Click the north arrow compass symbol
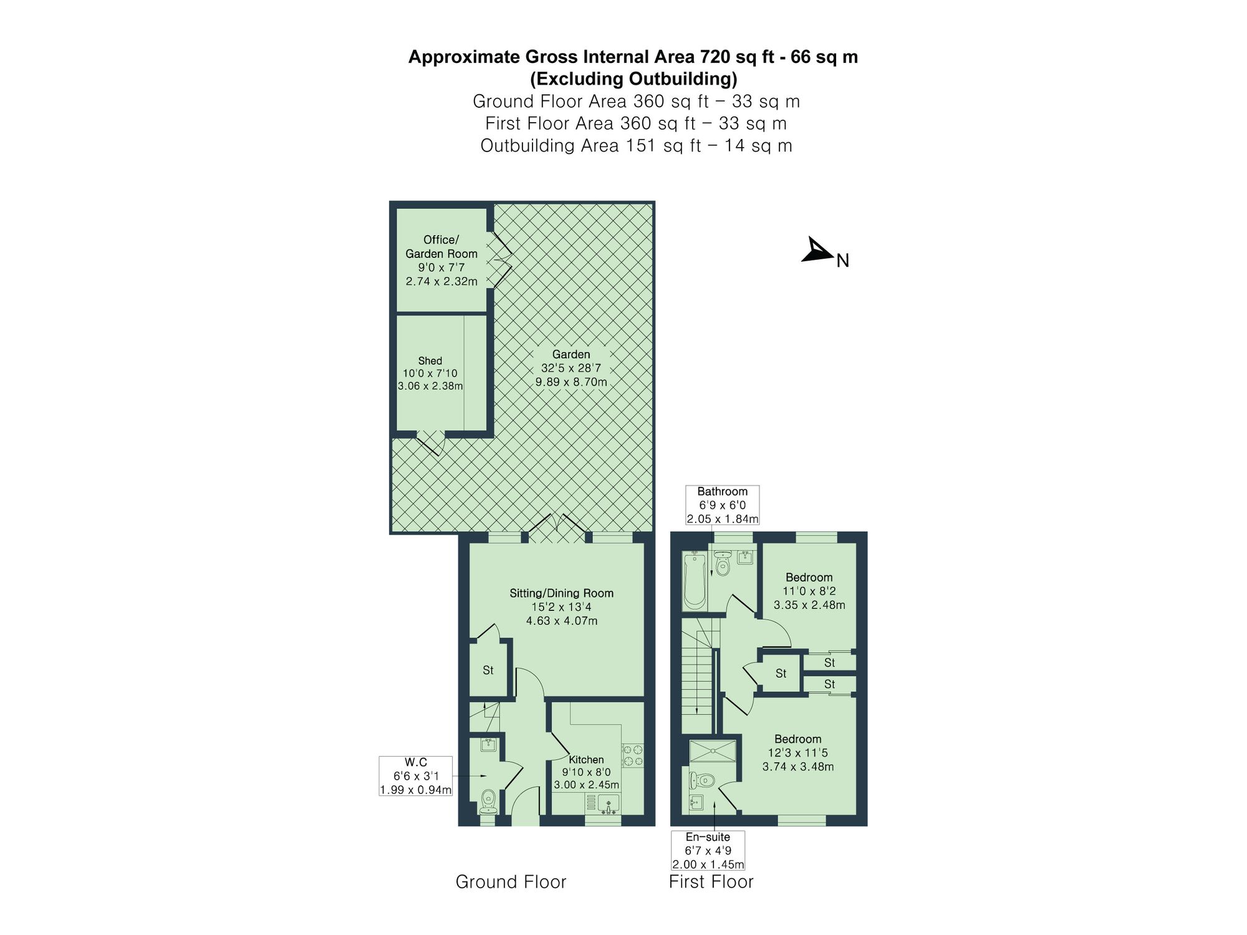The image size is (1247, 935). (x=816, y=251)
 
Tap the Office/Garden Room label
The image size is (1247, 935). (x=441, y=247)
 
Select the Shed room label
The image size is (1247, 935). (x=430, y=361)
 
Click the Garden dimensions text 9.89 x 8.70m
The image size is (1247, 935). (x=571, y=382)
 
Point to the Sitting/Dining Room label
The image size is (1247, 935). (x=561, y=593)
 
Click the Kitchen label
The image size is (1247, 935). (x=586, y=760)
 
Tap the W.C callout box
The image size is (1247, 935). (x=415, y=776)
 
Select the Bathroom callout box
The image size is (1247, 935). (x=722, y=505)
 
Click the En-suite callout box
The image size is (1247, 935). (x=708, y=850)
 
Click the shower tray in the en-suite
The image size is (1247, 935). (x=713, y=751)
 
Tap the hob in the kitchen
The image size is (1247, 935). (x=633, y=755)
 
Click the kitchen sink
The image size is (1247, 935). (x=608, y=804)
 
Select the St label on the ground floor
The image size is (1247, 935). (x=488, y=670)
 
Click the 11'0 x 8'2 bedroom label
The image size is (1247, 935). (x=809, y=591)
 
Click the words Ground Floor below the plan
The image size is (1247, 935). (x=511, y=882)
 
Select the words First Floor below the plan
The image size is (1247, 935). (x=711, y=882)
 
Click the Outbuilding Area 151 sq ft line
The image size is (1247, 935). (x=636, y=146)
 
